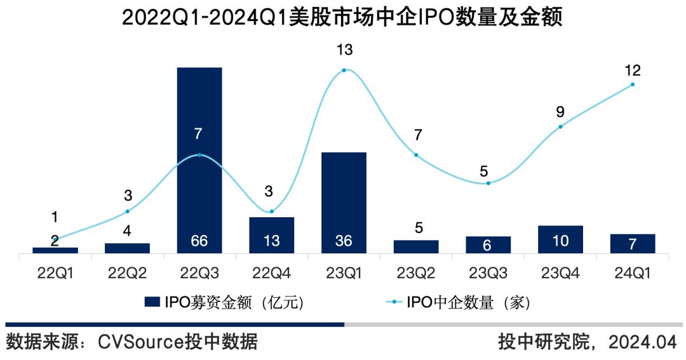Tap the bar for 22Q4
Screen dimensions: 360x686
(x=272, y=235)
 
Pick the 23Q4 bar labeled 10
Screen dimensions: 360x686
(x=560, y=239)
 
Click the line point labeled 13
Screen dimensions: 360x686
(x=344, y=70)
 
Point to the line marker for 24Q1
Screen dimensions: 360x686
(x=633, y=84)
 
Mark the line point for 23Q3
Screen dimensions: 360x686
(x=488, y=183)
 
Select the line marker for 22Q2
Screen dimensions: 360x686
(x=128, y=211)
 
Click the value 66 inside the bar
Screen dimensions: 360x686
(x=199, y=241)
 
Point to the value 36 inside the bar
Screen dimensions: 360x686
(x=344, y=241)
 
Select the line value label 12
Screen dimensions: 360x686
(x=633, y=70)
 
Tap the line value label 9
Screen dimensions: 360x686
(x=560, y=112)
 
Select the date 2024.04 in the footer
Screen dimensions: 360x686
(x=642, y=343)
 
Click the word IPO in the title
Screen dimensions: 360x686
(x=433, y=17)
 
